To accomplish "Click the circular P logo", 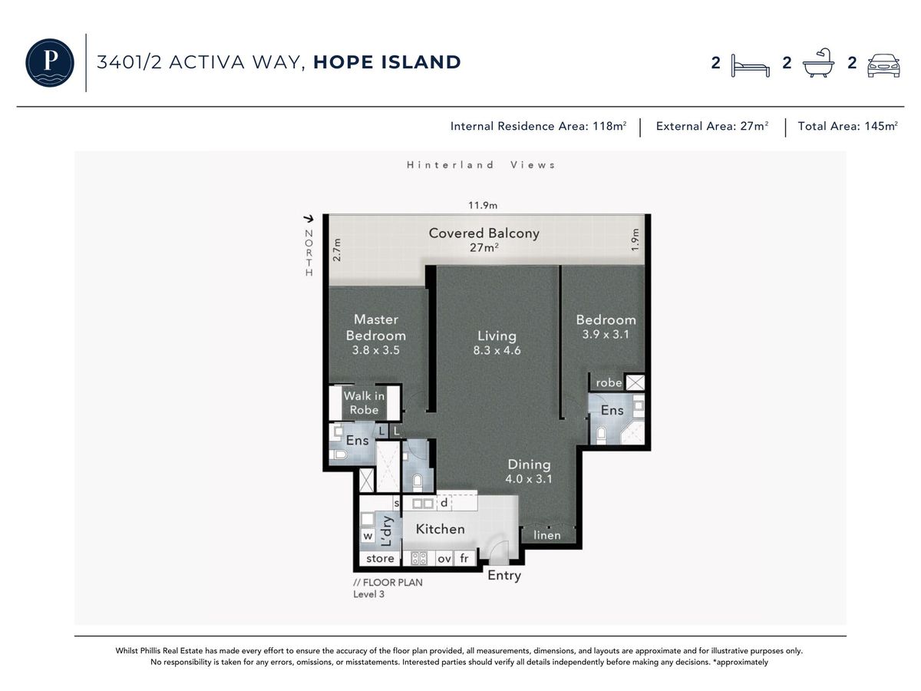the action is click(x=50, y=62).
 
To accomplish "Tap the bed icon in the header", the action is click(x=750, y=66).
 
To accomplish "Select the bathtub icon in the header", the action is click(x=818, y=63).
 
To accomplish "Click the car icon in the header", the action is click(x=883, y=65).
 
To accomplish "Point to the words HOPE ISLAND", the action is click(x=387, y=62).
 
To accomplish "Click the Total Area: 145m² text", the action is click(x=847, y=126).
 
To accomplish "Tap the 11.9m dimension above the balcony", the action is click(x=483, y=205).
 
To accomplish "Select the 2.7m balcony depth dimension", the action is click(x=336, y=250).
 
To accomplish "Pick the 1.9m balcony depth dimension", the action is click(x=635, y=240).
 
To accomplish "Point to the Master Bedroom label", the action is click(x=375, y=327).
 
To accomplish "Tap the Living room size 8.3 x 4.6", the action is click(x=497, y=350).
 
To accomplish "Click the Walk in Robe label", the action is click(x=364, y=402).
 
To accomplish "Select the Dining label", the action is click(x=529, y=464).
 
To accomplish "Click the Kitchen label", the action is click(x=440, y=529).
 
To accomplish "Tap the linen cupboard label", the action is click(x=546, y=535).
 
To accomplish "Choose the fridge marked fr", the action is click(x=464, y=558).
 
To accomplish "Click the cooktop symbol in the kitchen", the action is click(x=419, y=558).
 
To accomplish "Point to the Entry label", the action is click(x=504, y=576).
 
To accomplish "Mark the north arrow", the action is click(x=309, y=219).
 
